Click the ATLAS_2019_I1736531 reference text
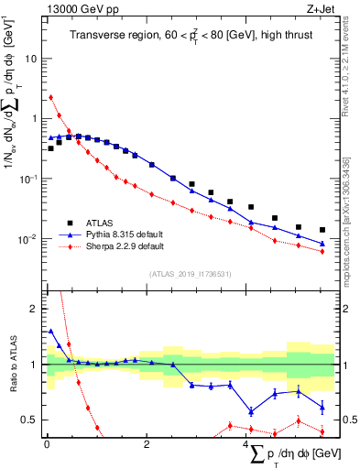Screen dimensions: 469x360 point(191,274)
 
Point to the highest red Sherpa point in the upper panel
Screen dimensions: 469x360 point(50,97)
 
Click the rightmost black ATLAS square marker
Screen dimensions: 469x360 point(322,230)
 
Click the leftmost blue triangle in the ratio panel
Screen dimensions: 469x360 point(50,332)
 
